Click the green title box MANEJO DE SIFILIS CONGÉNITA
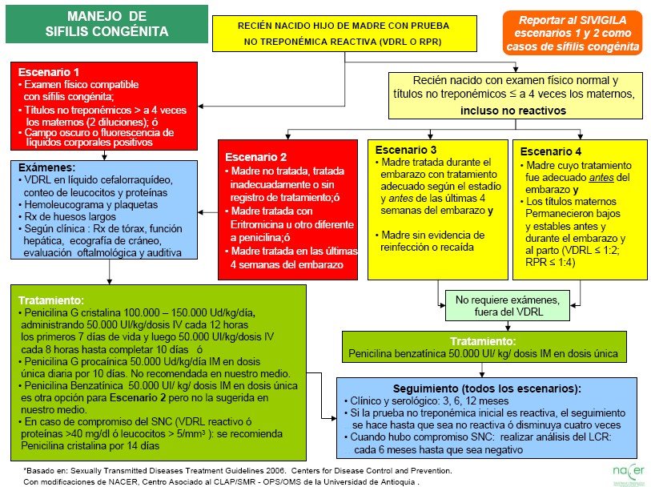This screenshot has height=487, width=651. coord(106,24)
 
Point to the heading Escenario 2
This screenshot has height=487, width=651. coord(255,157)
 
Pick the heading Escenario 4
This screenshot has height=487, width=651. coord(551,151)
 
